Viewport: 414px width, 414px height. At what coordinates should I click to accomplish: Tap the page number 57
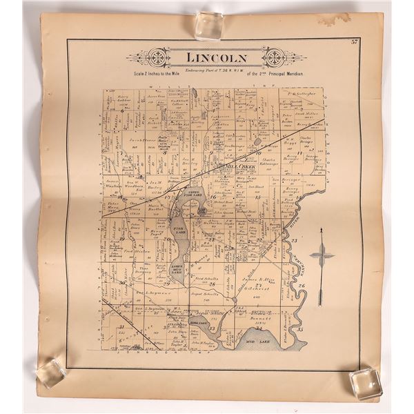[354, 43]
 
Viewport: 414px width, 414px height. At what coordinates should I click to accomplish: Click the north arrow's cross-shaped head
[321, 255]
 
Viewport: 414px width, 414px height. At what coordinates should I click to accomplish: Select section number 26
[301, 285]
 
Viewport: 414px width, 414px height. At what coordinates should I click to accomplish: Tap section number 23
[293, 241]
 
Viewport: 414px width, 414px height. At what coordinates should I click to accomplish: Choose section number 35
[299, 329]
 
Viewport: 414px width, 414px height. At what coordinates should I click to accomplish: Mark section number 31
[121, 327]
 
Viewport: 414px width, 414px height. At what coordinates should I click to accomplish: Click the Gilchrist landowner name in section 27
[258, 290]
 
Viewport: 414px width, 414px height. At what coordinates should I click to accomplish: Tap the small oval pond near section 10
[257, 141]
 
